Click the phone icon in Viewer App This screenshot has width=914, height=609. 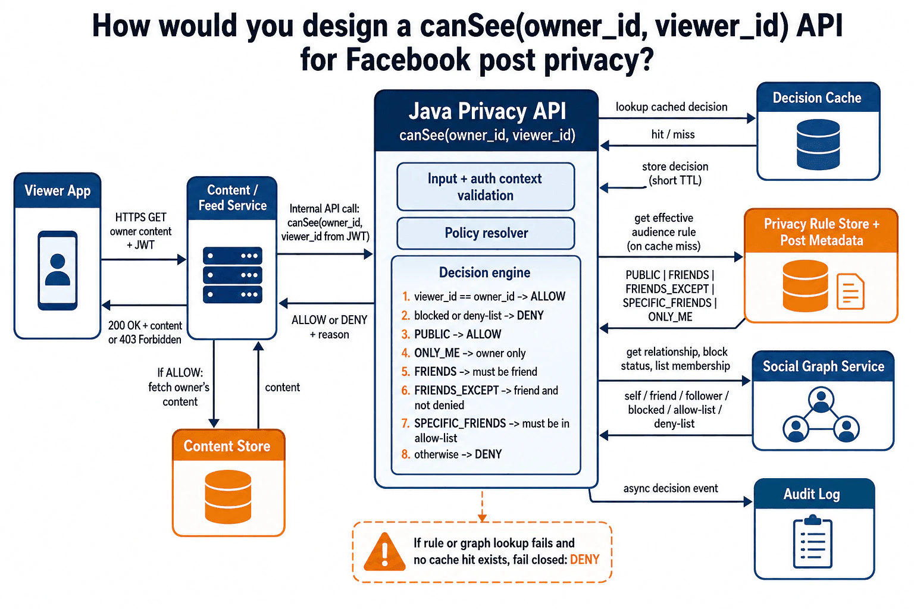[58, 271]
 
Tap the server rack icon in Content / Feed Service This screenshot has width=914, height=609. [232, 275]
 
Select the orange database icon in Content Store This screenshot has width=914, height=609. [228, 497]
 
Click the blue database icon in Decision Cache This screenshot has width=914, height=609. [818, 145]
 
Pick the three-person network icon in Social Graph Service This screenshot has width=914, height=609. [821, 415]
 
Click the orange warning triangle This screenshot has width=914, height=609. [384, 551]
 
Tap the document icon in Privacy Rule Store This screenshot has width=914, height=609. [850, 291]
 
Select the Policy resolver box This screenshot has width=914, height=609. [486, 233]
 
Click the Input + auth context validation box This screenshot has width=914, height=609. [486, 187]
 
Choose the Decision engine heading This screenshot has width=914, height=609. [484, 272]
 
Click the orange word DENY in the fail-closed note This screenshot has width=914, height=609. [584, 559]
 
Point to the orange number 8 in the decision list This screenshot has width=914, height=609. [406, 454]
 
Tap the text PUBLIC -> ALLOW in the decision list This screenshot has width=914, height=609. [458, 334]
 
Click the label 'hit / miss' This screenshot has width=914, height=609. [673, 134]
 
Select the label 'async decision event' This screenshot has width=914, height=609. [671, 488]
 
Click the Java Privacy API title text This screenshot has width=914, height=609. [487, 111]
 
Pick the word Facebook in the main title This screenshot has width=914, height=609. [408, 59]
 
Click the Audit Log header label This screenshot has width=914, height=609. [812, 494]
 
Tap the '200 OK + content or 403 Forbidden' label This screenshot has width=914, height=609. [145, 332]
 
